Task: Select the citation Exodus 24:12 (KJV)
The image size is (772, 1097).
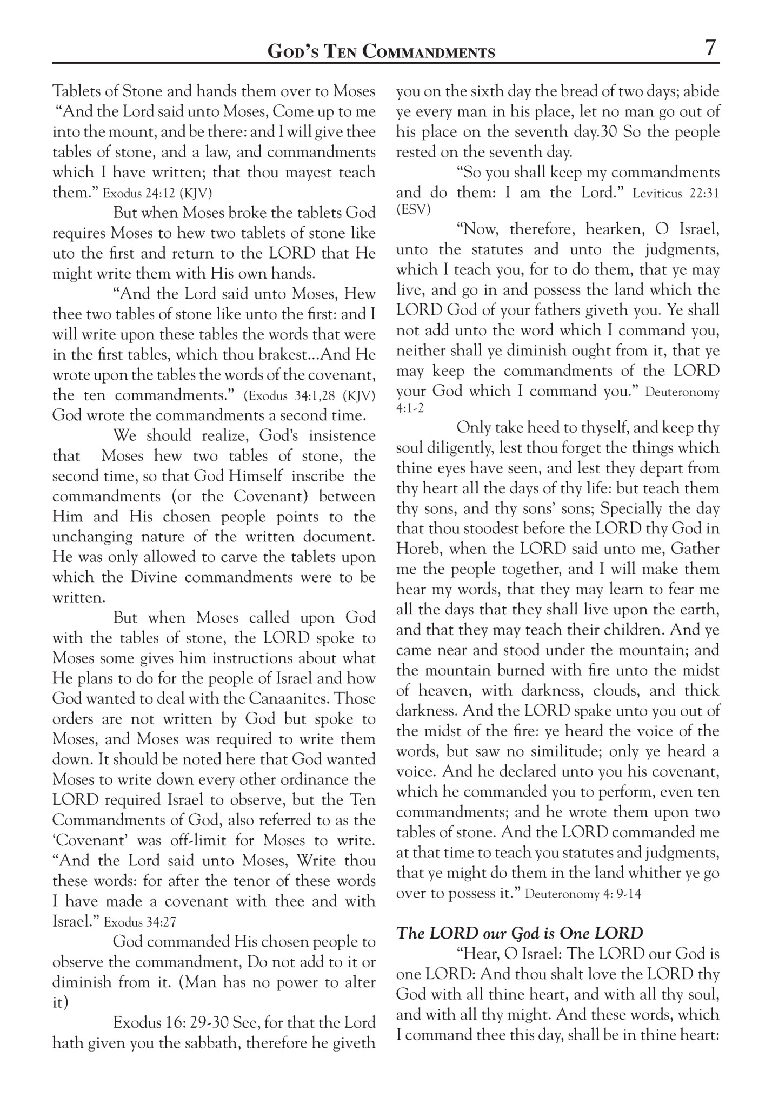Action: [x=157, y=193]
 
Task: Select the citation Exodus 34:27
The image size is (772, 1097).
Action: [x=140, y=922]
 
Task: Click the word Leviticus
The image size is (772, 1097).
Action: [x=656, y=194]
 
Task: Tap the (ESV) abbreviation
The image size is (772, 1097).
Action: [x=414, y=210]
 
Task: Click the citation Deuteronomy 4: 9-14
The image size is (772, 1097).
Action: [x=583, y=894]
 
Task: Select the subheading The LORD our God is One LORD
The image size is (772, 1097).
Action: [x=520, y=933]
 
